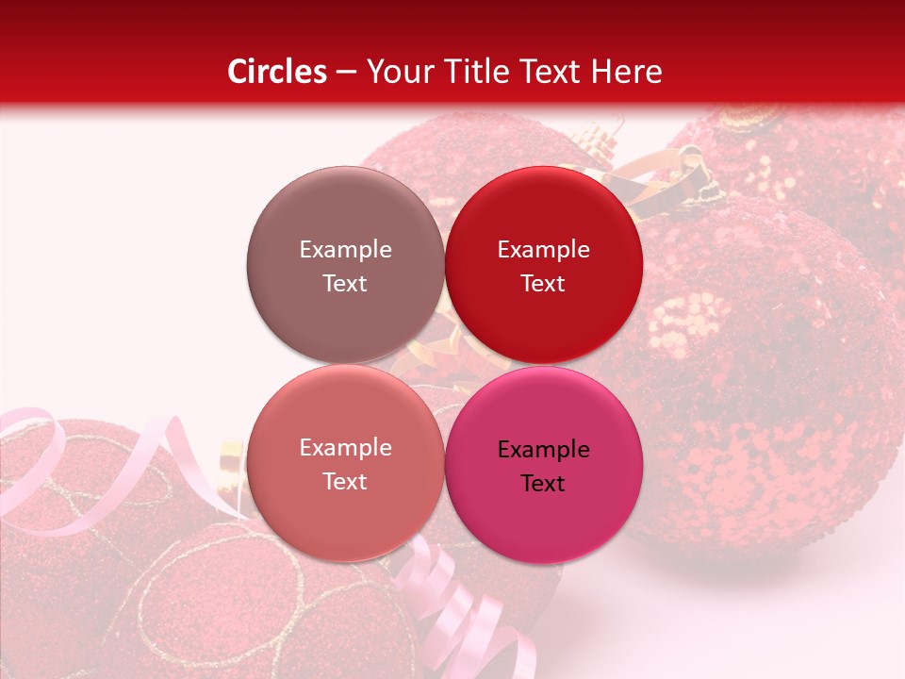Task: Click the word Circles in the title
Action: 276,72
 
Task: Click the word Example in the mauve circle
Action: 345,250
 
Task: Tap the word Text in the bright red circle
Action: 543,284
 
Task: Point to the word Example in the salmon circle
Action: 345,448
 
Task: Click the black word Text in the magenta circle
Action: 543,484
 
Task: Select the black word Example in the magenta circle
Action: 543,450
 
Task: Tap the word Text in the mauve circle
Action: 345,284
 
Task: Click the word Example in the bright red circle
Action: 543,250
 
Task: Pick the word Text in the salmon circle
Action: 345,482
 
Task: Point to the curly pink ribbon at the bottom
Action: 452,604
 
